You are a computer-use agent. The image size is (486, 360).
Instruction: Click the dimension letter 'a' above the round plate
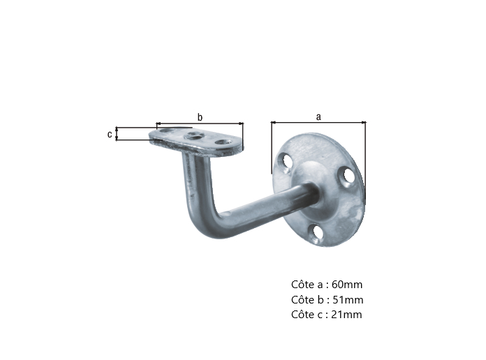(318, 117)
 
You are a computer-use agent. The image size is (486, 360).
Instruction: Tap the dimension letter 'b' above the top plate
(200, 117)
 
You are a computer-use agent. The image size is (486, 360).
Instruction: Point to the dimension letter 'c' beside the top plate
(110, 134)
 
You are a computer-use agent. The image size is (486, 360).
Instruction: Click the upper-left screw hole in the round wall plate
(286, 161)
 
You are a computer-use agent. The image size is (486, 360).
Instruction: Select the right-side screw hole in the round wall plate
(346, 177)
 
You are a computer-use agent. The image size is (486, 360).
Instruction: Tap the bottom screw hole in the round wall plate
(317, 232)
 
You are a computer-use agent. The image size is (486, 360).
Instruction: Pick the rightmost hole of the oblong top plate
(223, 143)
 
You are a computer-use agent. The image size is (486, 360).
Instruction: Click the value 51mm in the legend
(346, 300)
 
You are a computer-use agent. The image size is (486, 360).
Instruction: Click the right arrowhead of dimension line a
(363, 123)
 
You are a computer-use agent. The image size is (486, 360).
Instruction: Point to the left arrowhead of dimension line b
(159, 123)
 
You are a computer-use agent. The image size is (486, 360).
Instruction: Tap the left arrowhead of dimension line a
(273, 123)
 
